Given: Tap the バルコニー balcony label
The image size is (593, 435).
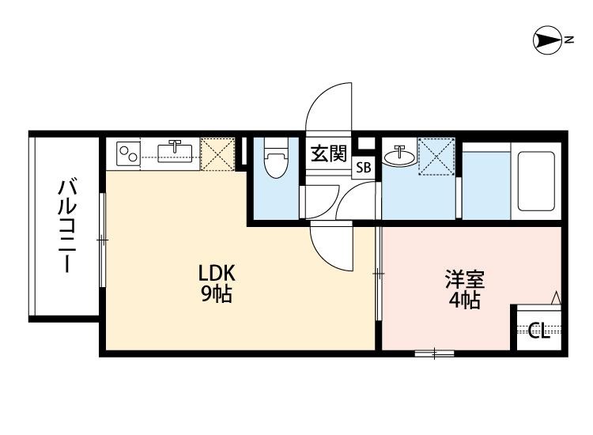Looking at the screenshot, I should pyautogui.click(x=67, y=226).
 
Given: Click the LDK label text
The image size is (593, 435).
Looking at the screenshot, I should pyautogui.click(x=216, y=273).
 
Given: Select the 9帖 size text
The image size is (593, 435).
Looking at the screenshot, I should pyautogui.click(x=216, y=296).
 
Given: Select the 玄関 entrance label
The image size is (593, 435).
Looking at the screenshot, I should pyautogui.click(x=327, y=153).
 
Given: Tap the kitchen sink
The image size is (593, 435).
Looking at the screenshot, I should pyautogui.click(x=176, y=150).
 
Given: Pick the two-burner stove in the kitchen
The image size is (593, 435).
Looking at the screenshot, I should pyautogui.click(x=129, y=151).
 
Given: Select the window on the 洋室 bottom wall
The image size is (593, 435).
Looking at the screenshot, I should pyautogui.click(x=433, y=353).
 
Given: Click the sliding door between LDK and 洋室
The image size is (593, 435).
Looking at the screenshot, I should pyautogui.click(x=379, y=274).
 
